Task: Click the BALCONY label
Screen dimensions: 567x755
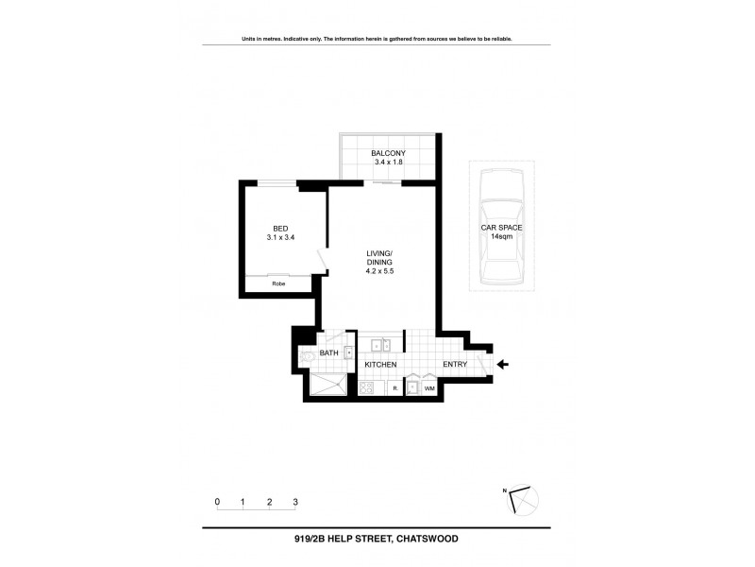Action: click(389, 152)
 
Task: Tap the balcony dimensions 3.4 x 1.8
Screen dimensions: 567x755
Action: click(389, 163)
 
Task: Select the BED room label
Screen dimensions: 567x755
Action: click(280, 228)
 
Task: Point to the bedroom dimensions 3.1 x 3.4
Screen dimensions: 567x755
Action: click(280, 238)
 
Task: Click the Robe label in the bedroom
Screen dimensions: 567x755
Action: click(279, 283)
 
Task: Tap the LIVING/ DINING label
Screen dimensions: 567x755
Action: click(379, 257)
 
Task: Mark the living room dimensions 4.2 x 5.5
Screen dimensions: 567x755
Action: click(379, 272)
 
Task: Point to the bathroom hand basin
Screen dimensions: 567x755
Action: click(348, 353)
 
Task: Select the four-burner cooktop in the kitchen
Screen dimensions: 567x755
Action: click(367, 387)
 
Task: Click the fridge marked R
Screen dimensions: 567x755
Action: click(394, 388)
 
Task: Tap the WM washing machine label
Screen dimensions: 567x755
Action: click(429, 388)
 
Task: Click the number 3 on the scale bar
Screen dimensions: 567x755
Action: click(295, 502)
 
